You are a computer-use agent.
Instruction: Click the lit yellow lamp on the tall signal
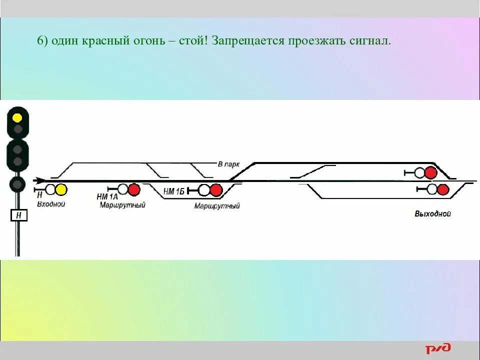(x=17, y=118)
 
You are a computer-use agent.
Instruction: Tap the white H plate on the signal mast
(x=18, y=215)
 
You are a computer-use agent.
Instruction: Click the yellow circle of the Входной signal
(x=61, y=189)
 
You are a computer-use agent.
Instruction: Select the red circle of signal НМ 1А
(x=133, y=189)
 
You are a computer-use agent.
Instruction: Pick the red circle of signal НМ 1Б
(x=215, y=190)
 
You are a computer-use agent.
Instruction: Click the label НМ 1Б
(x=174, y=191)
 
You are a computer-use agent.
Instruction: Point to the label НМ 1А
(x=106, y=196)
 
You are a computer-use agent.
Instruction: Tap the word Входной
(x=51, y=204)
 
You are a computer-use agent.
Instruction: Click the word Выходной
(x=432, y=214)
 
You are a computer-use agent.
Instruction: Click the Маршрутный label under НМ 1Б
(x=217, y=206)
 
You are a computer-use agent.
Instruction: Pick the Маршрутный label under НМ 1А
(x=122, y=204)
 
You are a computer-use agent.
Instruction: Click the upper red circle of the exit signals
(x=430, y=173)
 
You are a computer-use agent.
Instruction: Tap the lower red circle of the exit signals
(x=443, y=189)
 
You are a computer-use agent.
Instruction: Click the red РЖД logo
(x=438, y=348)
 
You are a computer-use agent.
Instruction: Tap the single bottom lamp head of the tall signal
(x=18, y=184)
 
